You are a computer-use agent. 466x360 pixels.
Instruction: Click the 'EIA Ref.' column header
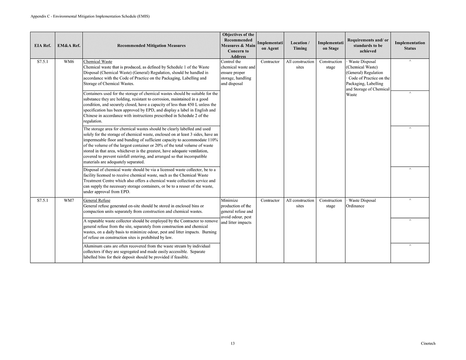(42, 46)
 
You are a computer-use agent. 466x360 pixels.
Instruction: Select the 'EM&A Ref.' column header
(69, 46)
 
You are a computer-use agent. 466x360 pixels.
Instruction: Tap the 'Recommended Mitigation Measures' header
(151, 46)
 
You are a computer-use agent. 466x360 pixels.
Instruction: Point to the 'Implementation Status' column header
(410, 46)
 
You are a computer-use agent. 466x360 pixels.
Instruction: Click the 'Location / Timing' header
(300, 46)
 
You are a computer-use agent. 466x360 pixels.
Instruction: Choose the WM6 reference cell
(69, 62)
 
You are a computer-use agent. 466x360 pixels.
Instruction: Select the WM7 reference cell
(69, 200)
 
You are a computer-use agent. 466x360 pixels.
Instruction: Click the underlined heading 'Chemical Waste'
(98, 62)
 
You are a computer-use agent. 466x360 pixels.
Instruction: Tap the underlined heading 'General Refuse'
(97, 200)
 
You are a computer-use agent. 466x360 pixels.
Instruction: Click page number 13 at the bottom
(233, 343)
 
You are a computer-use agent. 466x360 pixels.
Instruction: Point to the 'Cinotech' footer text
(428, 343)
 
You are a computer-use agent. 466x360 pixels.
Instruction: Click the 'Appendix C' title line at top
(90, 16)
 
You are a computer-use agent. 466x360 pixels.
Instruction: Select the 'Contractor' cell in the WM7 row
(270, 200)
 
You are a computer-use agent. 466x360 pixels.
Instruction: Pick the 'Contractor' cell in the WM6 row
(270, 62)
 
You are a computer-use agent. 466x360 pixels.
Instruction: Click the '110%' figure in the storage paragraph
(211, 140)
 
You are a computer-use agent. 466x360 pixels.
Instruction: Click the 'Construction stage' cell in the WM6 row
(330, 64)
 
